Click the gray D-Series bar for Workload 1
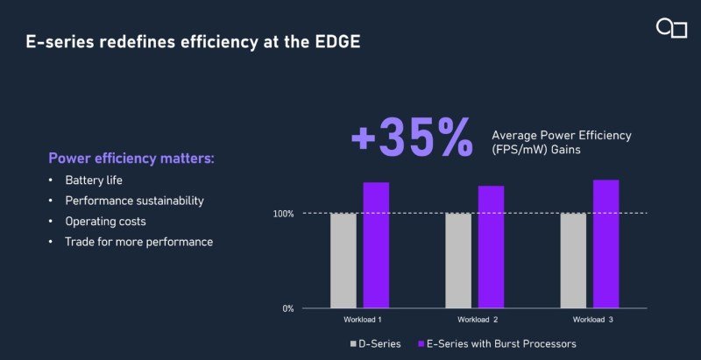[x=343, y=260]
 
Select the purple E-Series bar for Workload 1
[x=376, y=245]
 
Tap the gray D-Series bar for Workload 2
[x=458, y=260]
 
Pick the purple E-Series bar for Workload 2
[x=491, y=247]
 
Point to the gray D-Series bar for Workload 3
[x=573, y=260]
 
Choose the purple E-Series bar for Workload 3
[x=605, y=244]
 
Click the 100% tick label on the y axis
[x=282, y=214]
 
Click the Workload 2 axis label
[x=478, y=319]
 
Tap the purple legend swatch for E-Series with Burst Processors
[x=419, y=344]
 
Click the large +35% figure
[x=412, y=138]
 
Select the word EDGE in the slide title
[x=336, y=42]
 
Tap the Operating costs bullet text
[x=105, y=221]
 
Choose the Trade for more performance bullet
[x=138, y=241]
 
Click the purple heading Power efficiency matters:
[x=131, y=159]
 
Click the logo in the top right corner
[x=671, y=28]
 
